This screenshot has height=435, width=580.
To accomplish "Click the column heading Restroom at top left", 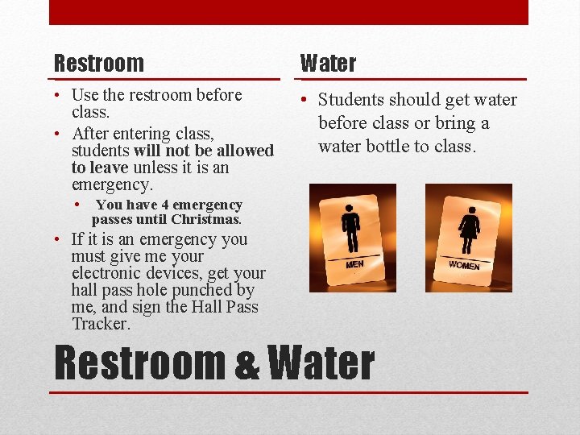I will [98, 63].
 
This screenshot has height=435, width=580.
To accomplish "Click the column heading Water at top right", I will [328, 63].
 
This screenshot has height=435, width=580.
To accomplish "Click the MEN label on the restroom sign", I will [355, 263].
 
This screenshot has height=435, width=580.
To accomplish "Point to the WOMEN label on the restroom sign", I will [464, 265].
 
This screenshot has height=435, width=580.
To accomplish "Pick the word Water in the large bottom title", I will [320, 363].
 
